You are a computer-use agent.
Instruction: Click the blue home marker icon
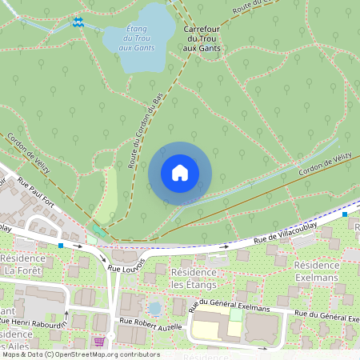coord(180,173)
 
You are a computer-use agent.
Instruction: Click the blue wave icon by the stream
coord(78,22)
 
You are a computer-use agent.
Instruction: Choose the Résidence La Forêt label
coord(24,265)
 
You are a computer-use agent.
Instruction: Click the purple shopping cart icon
coord(99,341)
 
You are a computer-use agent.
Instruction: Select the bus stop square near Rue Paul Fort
coord(61,244)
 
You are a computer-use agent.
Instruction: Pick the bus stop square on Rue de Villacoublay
coord(345,214)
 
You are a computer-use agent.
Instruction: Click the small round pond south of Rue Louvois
coord(154,308)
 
